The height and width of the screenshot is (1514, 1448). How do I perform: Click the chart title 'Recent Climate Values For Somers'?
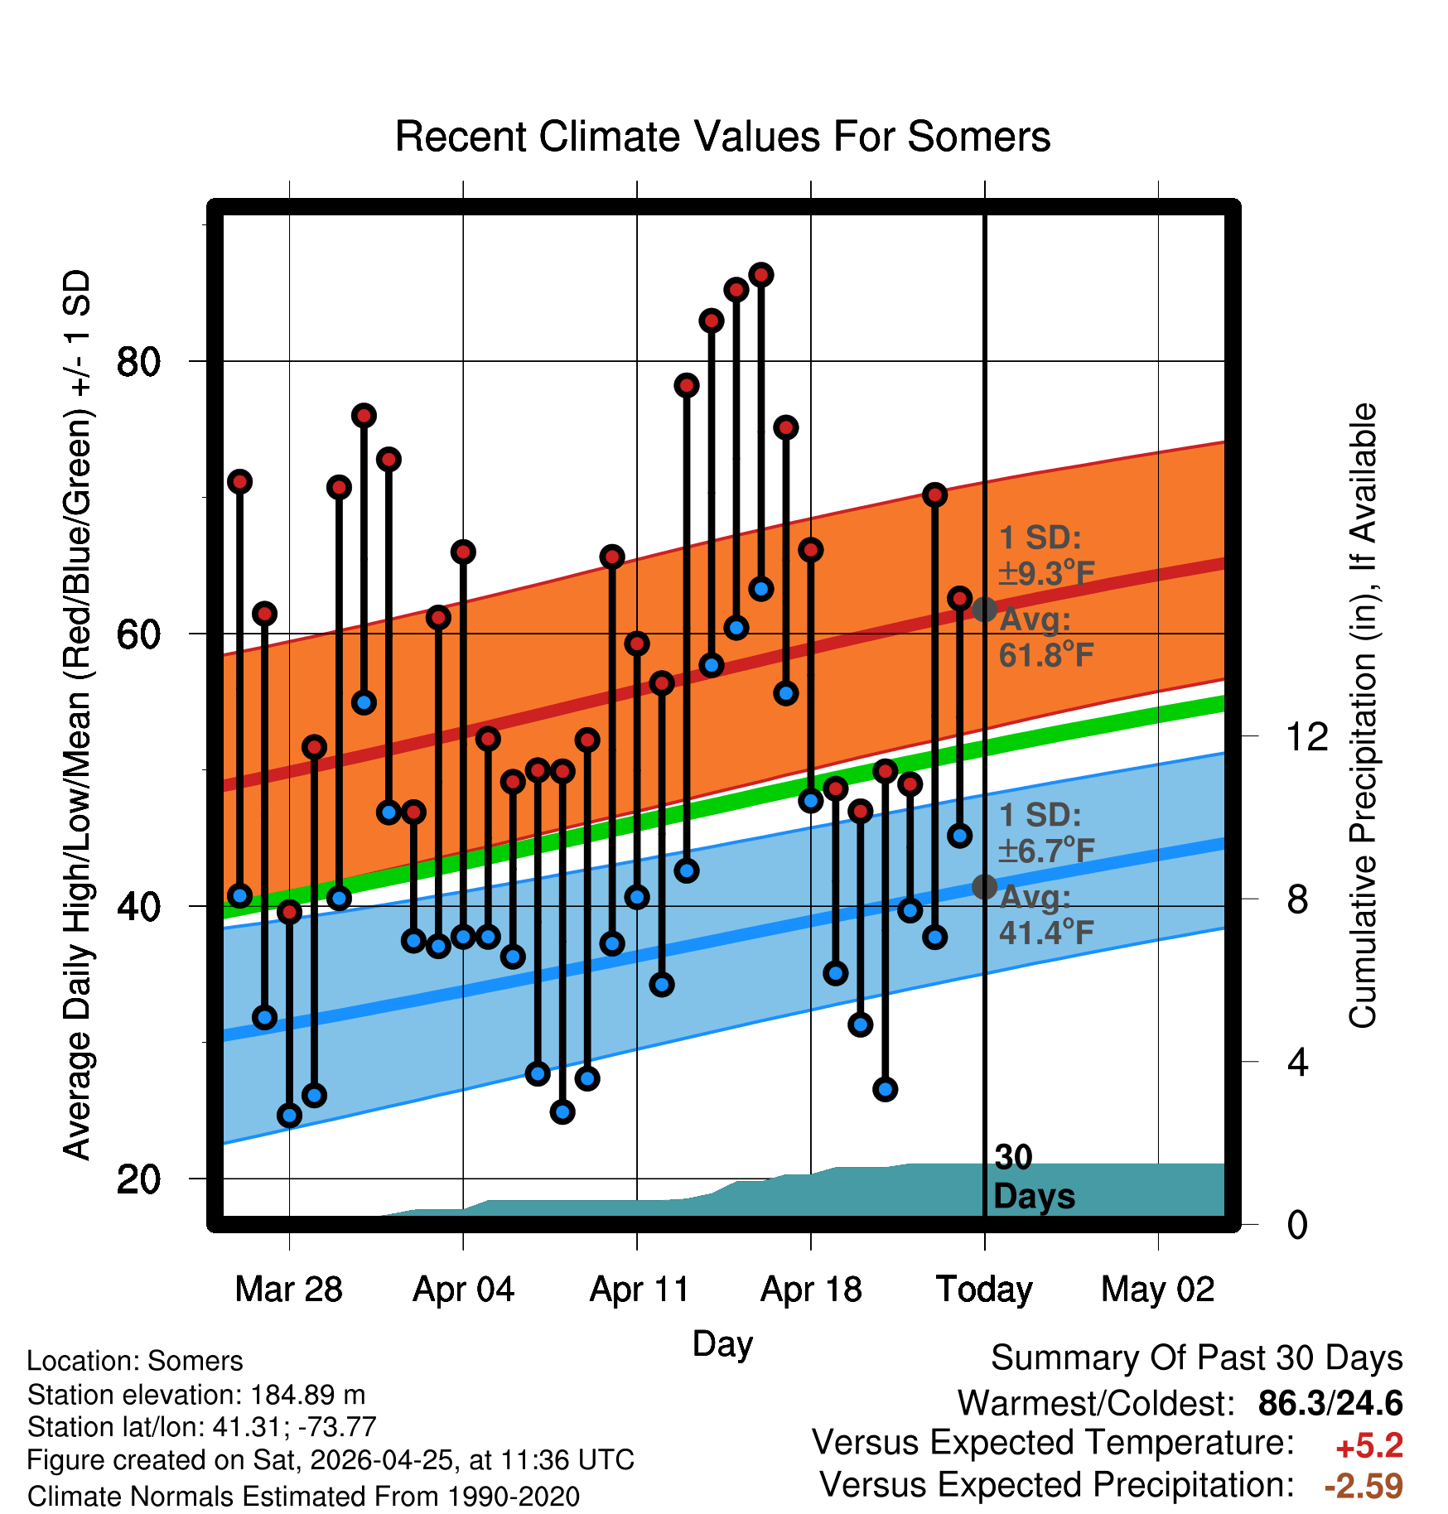point(722,137)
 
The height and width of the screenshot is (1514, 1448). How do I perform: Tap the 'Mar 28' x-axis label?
point(288,1290)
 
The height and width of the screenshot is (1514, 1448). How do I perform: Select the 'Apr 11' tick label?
point(639,1290)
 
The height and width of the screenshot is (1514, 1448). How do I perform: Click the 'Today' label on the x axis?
point(984,1290)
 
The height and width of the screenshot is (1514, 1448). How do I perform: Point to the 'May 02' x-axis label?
point(1157,1290)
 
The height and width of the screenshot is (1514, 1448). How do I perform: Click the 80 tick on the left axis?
point(138,362)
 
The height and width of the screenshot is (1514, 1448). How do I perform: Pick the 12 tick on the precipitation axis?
point(1307,736)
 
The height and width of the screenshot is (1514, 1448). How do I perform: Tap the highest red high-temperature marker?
point(761,275)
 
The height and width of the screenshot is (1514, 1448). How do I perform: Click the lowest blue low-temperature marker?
point(289,1115)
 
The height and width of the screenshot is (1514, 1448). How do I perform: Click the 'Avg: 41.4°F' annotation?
point(1046,914)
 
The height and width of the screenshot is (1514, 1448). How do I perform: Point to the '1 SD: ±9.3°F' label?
point(1046,555)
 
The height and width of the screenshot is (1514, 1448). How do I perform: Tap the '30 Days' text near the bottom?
point(1034,1177)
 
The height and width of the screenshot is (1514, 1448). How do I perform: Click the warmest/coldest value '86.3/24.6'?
point(1330,1403)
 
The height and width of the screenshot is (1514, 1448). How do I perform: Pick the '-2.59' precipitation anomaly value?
point(1364,1486)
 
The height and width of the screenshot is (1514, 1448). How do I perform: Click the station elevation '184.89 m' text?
point(308,1395)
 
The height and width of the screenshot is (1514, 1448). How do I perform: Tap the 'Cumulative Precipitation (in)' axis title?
point(1363,716)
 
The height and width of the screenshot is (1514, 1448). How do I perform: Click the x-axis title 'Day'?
point(722,1344)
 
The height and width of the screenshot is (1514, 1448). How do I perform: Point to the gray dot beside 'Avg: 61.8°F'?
point(984,610)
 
